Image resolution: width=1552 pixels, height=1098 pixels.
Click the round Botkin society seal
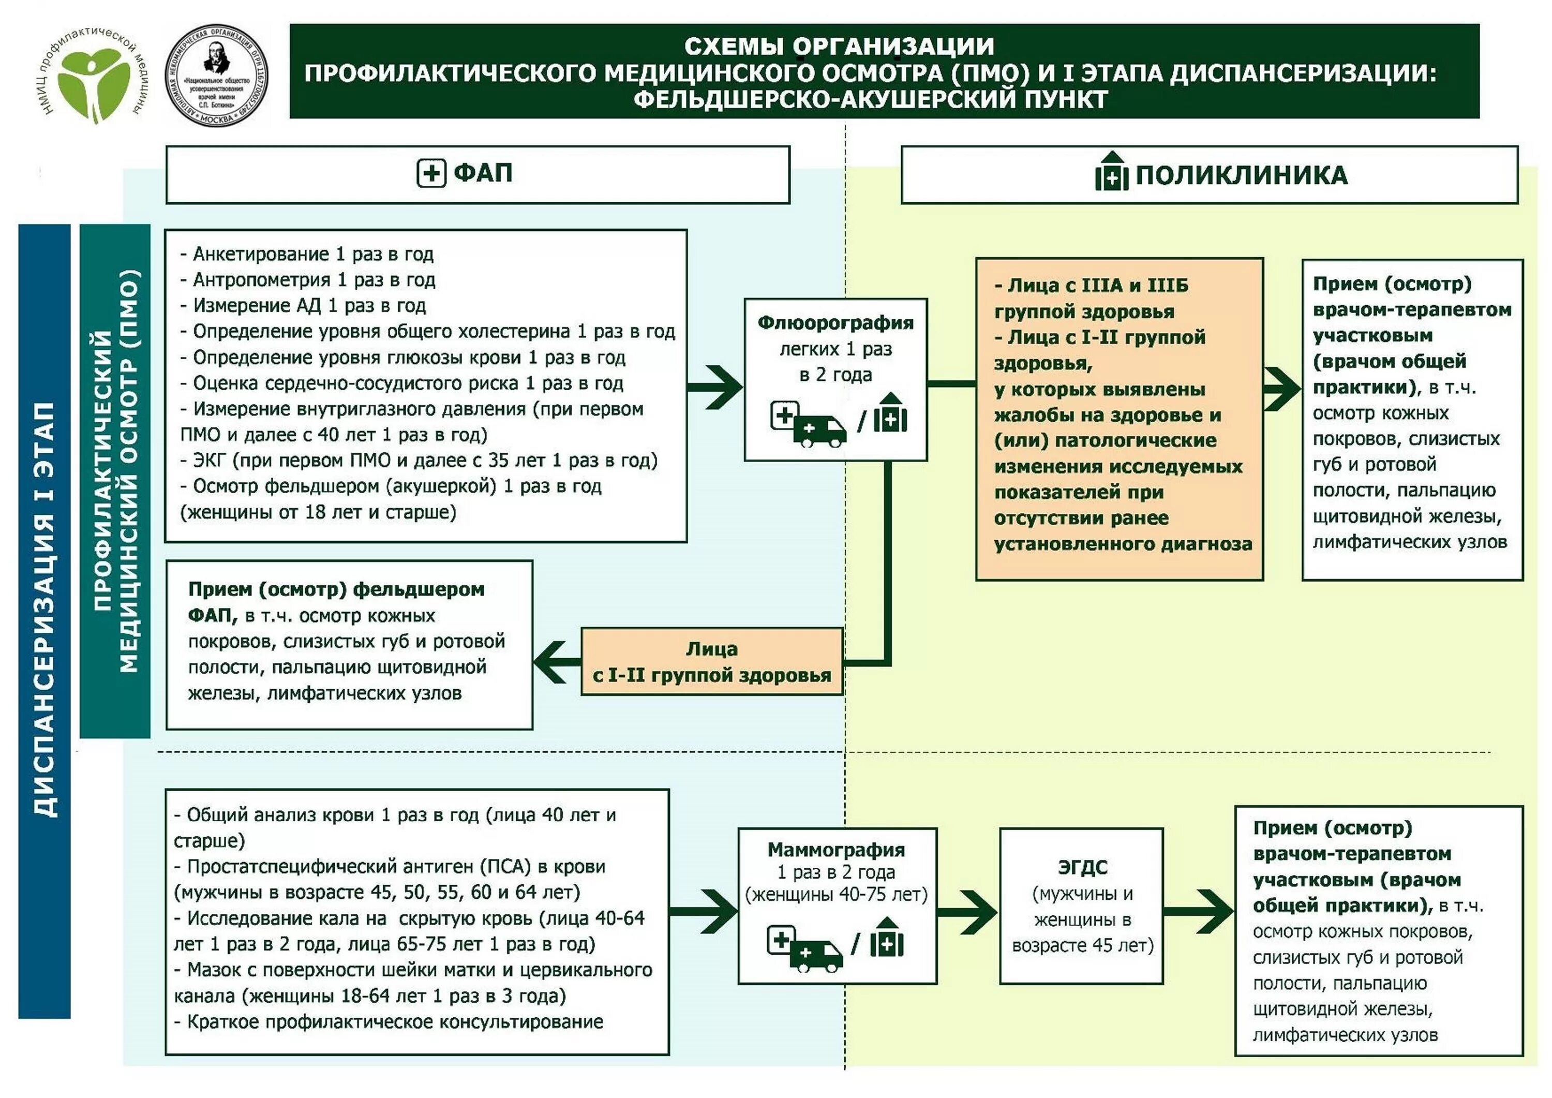click(x=216, y=75)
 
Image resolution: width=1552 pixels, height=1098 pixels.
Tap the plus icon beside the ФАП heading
click(x=431, y=173)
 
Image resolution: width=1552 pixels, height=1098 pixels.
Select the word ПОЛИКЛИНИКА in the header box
click(x=1241, y=175)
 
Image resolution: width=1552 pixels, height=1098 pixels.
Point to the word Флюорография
click(x=835, y=323)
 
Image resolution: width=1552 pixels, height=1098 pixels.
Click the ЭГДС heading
click(x=1082, y=867)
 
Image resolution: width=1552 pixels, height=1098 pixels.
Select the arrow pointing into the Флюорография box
click(x=717, y=388)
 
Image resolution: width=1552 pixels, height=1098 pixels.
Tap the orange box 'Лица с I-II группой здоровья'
click(x=712, y=662)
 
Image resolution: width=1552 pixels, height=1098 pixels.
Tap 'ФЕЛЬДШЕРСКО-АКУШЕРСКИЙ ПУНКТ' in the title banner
click(x=870, y=100)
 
